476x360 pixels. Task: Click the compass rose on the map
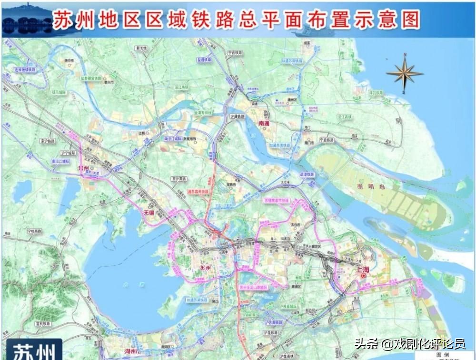click(x=405, y=73)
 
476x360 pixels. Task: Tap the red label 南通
click(x=264, y=123)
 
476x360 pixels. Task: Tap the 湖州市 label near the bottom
click(x=132, y=351)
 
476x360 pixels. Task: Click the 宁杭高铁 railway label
click(x=35, y=232)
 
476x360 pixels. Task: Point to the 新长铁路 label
click(x=141, y=48)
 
